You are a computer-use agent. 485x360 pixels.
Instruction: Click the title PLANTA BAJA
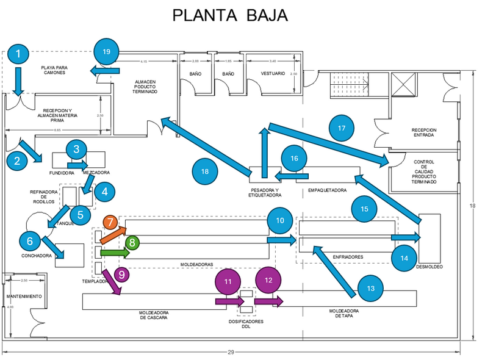point(229,15)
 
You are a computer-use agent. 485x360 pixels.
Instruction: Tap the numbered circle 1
point(18,54)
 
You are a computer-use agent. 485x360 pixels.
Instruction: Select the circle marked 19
point(107,52)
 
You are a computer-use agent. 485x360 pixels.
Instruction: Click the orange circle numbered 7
point(110,222)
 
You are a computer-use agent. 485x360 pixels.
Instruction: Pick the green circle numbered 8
point(133,242)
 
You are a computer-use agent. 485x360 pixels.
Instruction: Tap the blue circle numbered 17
point(341,128)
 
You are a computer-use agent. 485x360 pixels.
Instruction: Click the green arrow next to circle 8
point(114,252)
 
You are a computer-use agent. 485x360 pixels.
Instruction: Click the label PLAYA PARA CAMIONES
point(54,70)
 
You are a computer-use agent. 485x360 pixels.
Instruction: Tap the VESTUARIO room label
point(273,73)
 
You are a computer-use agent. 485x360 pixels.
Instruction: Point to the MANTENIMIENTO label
point(24,297)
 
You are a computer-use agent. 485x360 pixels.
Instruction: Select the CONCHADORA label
point(36,256)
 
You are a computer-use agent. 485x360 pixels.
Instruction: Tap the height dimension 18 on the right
point(472,206)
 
